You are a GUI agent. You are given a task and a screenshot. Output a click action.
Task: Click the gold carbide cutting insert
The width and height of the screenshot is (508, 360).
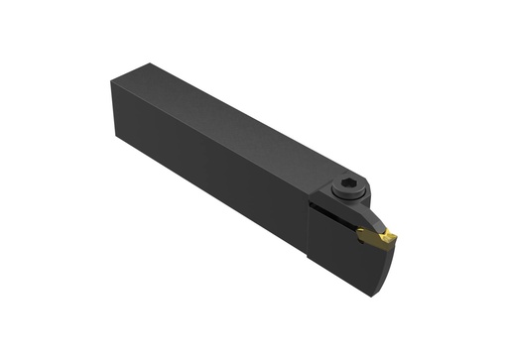378,237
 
